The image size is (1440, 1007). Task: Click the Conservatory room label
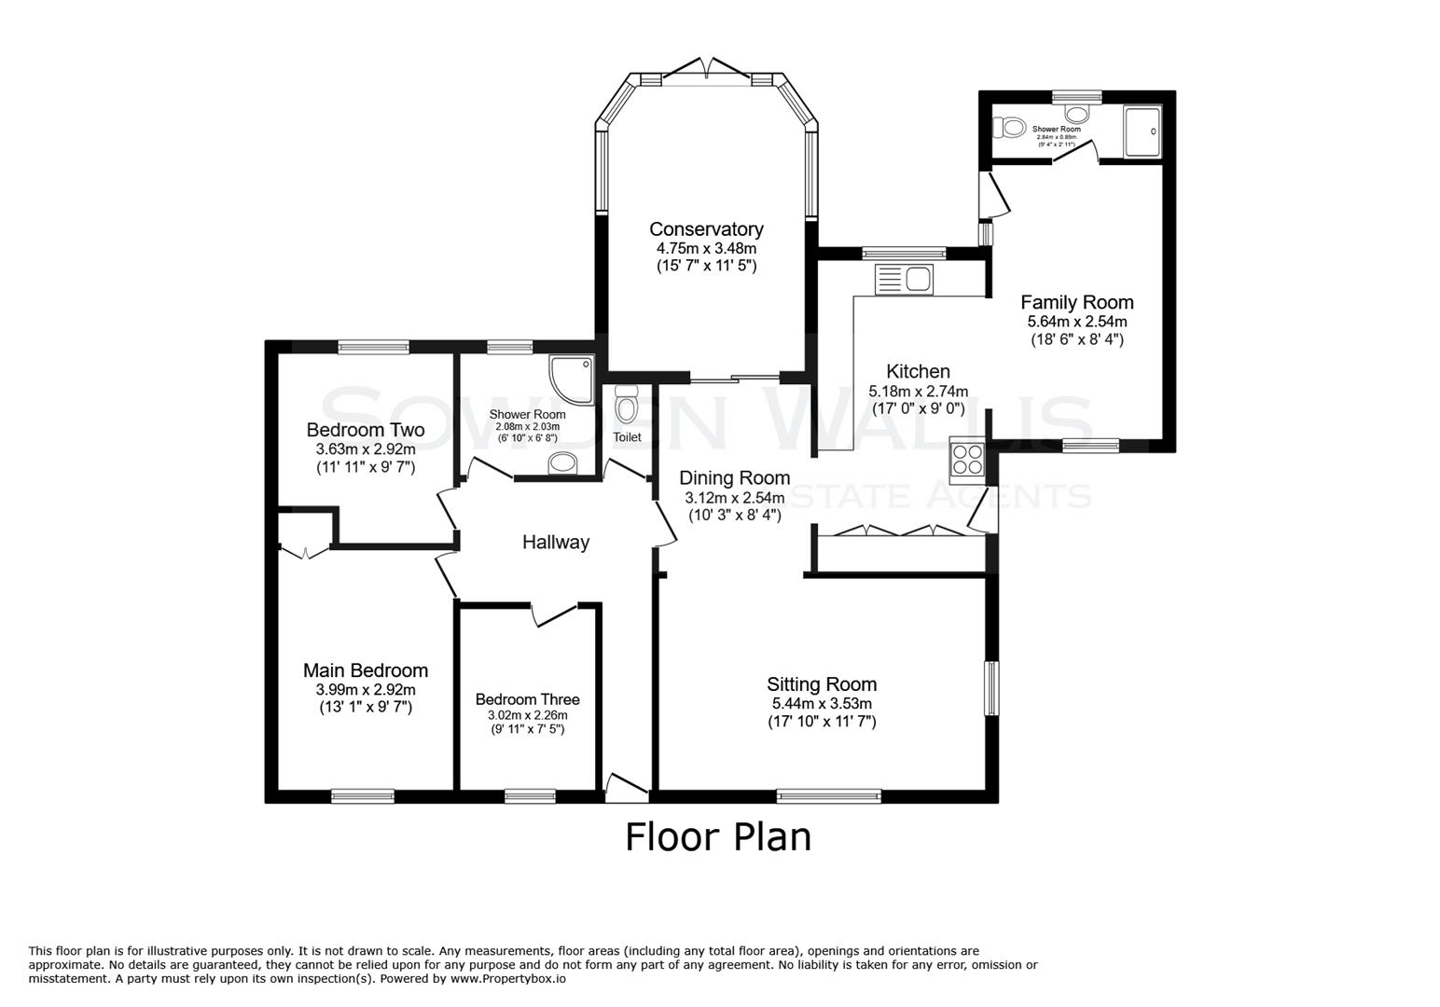706,229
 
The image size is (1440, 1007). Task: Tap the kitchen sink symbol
903,278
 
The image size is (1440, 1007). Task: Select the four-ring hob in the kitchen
967,458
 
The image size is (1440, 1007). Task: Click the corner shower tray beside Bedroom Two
570,379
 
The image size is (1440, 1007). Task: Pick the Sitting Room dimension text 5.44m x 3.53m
822,704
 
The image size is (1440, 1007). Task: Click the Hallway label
556,543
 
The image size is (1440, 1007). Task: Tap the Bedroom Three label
527,699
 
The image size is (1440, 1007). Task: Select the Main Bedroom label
366,670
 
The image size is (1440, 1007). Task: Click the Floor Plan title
717,837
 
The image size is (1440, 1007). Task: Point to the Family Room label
1076,302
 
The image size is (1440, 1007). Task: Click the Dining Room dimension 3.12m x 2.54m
734,498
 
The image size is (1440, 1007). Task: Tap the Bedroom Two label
366,430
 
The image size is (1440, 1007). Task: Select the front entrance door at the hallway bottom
626,789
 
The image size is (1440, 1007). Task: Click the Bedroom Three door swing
555,614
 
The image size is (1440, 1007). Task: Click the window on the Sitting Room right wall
991,688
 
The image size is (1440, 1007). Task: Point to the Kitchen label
918,371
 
